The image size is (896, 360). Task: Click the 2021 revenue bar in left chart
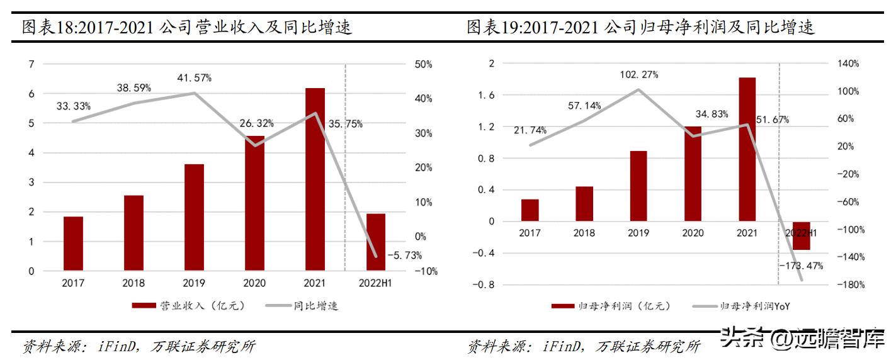click(315, 179)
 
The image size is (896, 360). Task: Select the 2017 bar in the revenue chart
click(73, 244)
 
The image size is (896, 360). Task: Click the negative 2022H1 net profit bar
click(801, 236)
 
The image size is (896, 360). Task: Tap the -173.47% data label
click(800, 266)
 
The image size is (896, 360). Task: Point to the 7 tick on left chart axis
click(31, 64)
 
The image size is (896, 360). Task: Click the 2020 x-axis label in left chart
click(254, 283)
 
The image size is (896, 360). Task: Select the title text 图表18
click(47, 27)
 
